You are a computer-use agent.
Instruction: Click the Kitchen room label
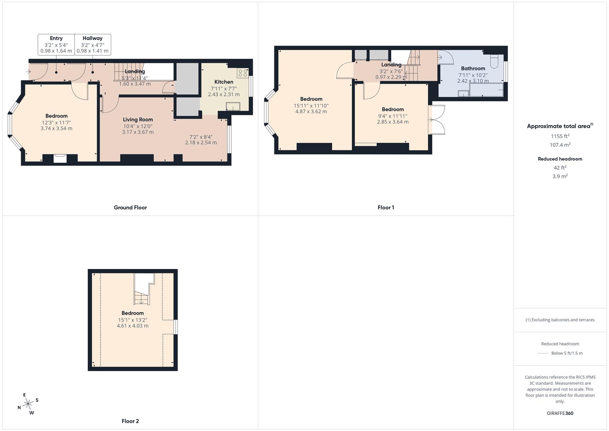pos(224,82)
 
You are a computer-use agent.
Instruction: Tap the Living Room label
pos(138,119)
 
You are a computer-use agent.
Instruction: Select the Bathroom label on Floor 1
pos(473,68)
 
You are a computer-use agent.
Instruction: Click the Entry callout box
pos(56,44)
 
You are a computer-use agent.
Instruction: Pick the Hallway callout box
pos(93,44)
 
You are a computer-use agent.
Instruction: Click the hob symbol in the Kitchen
pos(242,73)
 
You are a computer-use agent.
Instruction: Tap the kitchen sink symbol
pos(233,106)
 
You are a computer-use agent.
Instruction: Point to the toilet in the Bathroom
pos(494,60)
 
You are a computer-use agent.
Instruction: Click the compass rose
pos(28,404)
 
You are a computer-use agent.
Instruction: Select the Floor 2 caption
pos(130,421)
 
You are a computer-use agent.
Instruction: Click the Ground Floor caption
pos(130,208)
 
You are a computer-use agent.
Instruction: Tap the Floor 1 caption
pos(386,208)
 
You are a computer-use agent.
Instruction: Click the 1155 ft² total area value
pos(560,136)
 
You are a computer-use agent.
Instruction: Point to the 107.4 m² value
pos(560,145)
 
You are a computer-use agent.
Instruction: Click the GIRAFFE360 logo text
pos(560,413)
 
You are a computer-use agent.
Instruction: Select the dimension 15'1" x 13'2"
pos(132,320)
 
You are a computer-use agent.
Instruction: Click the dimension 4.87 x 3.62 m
pos(311,112)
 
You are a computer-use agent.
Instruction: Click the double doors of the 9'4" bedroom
pos(437,120)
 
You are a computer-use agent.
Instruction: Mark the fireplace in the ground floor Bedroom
pos(60,158)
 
